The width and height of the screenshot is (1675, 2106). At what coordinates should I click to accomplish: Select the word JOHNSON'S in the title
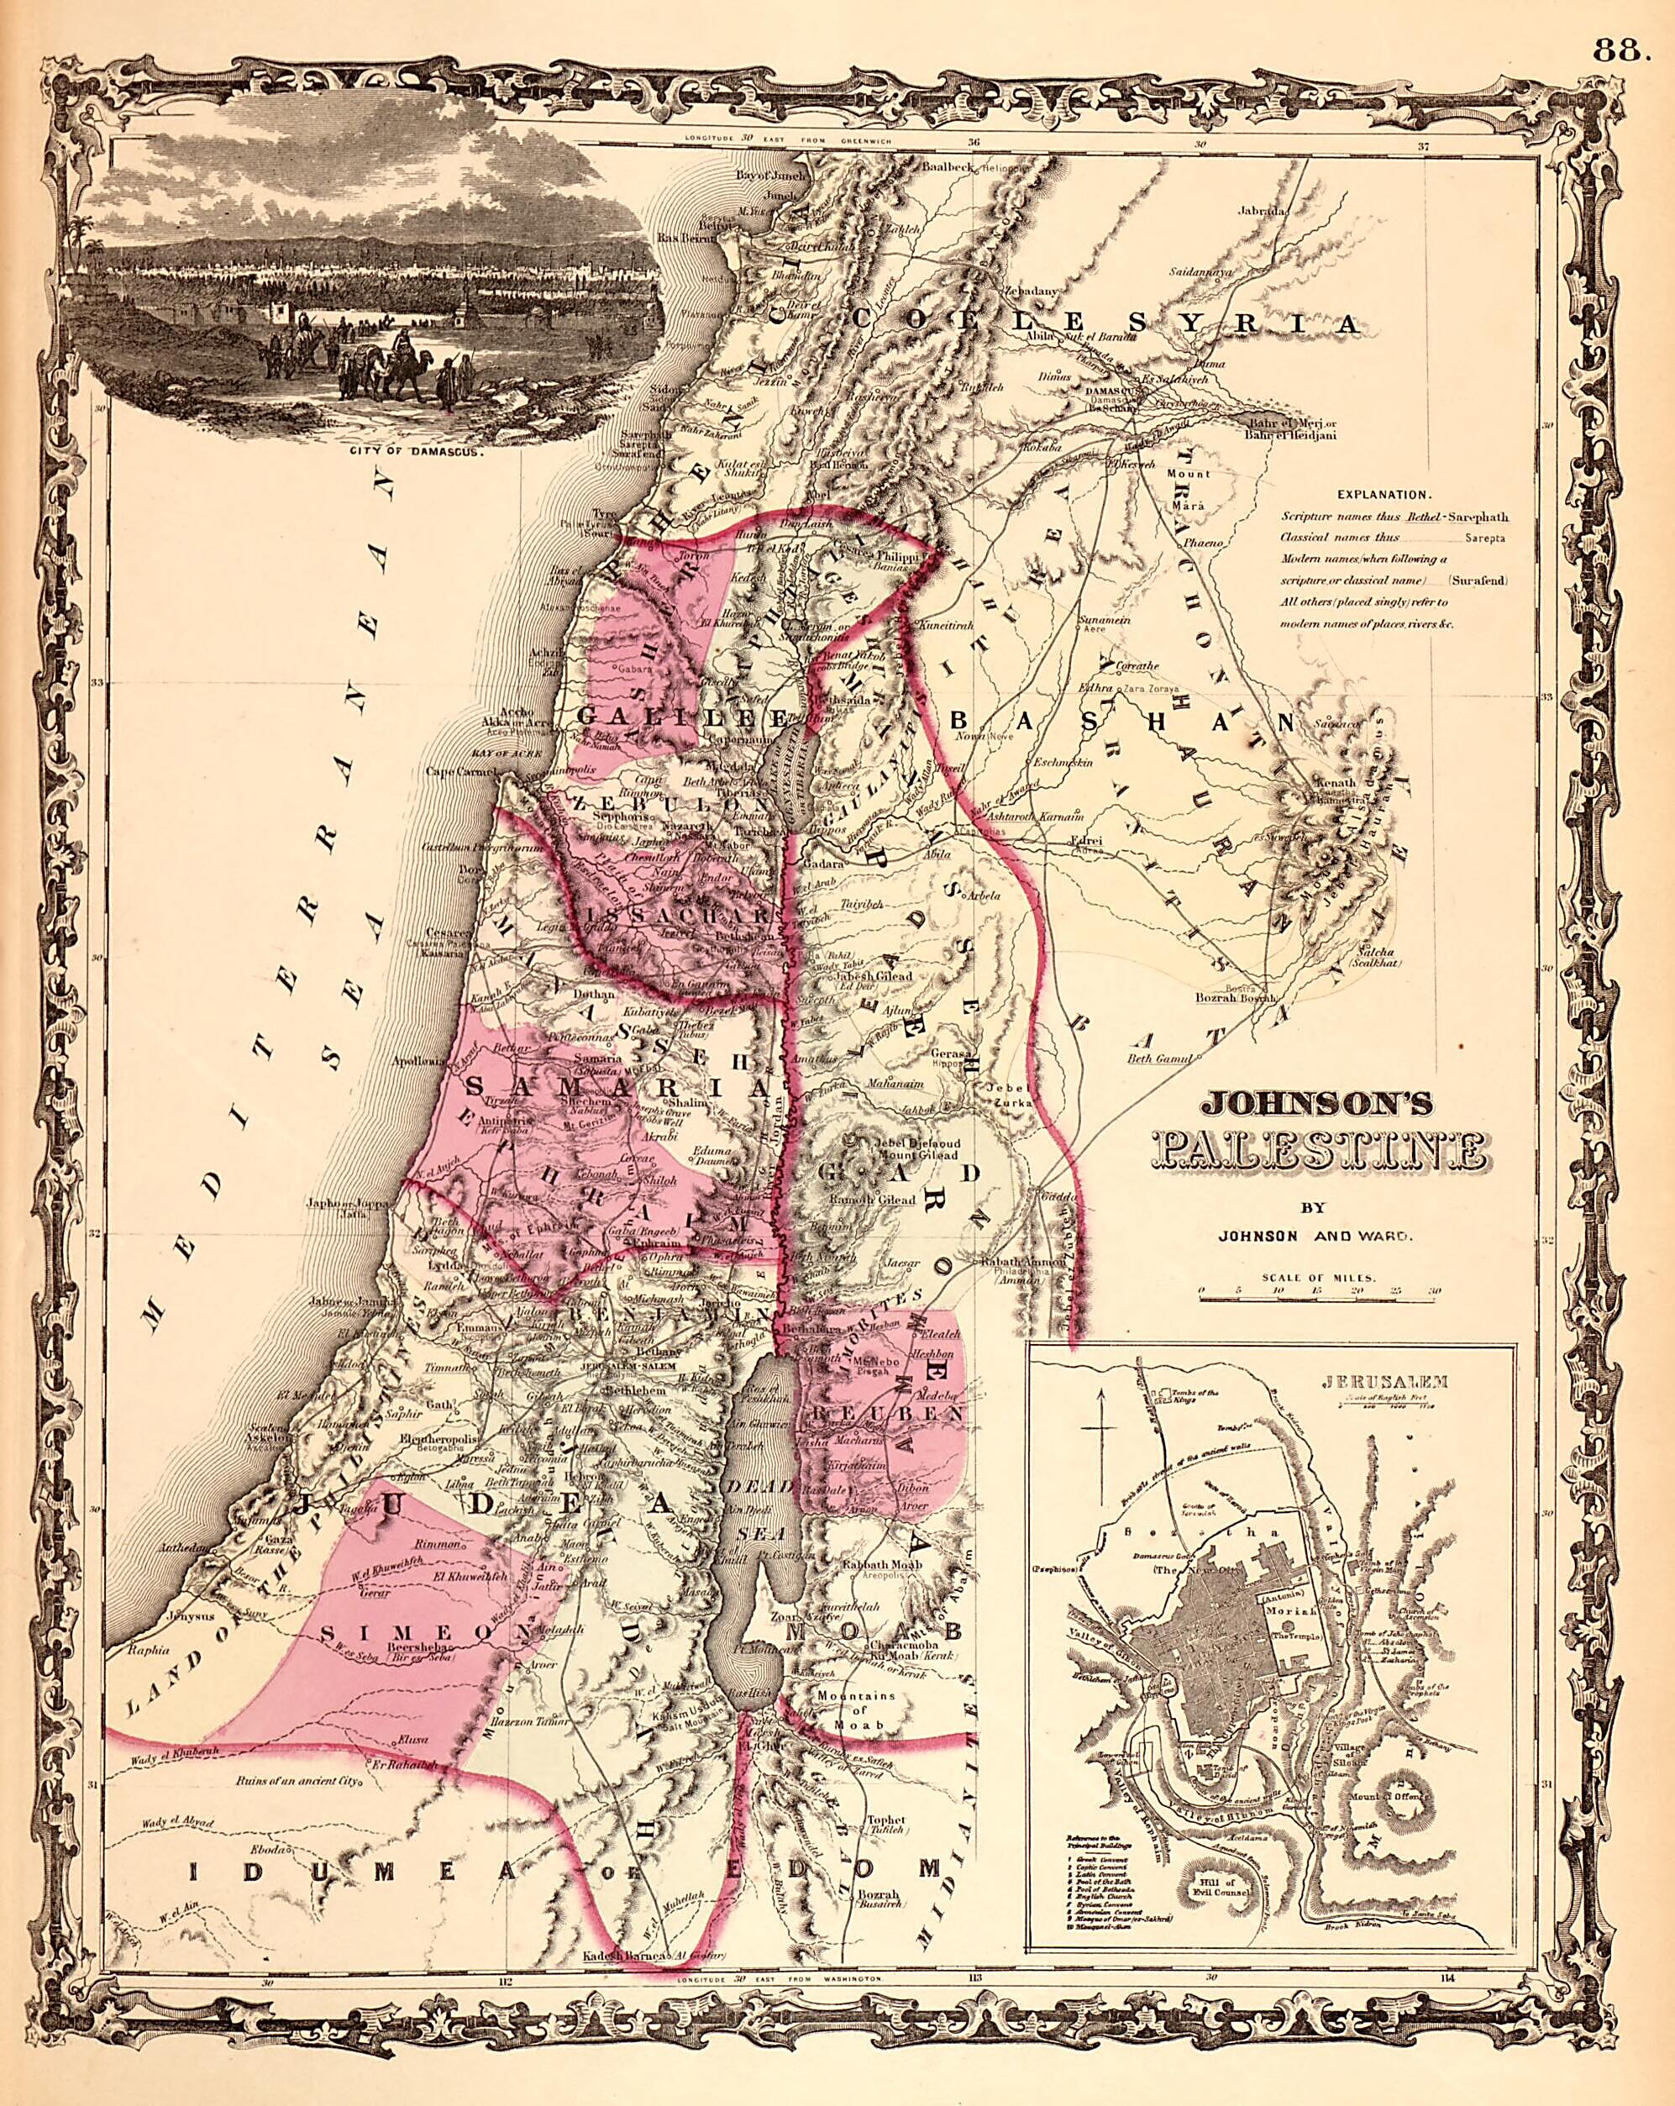[1317, 1103]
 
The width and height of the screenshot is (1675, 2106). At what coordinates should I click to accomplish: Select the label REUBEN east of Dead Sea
[883, 1415]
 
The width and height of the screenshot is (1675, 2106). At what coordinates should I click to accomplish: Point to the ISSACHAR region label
[673, 916]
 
